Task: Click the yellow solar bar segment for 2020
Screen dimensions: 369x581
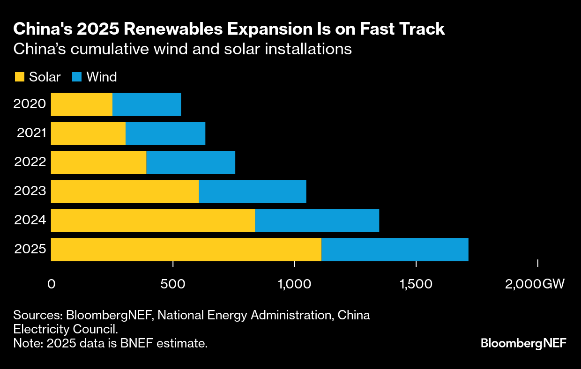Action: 82,104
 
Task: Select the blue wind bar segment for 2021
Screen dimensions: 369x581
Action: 165,133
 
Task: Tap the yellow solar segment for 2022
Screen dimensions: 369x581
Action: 98,162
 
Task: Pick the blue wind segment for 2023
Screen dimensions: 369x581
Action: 253,192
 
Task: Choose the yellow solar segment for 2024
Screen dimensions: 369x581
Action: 153,221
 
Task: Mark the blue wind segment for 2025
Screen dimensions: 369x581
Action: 395,250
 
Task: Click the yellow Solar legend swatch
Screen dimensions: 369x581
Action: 19,77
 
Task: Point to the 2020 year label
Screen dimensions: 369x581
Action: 30,104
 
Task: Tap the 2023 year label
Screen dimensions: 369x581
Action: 30,191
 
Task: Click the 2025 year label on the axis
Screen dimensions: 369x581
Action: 30,249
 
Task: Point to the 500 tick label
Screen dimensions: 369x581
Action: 173,284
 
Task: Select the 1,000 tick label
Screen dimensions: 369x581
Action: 294,284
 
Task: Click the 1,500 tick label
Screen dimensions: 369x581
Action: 416,284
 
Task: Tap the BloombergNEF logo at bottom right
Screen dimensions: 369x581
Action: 523,343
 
